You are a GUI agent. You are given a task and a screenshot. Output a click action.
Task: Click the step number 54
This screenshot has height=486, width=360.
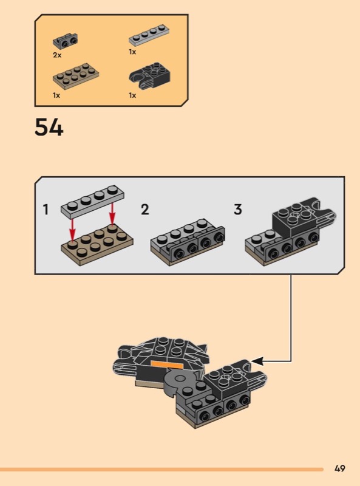(49, 127)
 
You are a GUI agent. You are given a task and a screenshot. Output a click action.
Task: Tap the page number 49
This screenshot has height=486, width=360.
(339, 468)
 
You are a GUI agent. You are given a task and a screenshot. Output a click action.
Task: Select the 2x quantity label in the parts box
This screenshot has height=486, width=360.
(57, 55)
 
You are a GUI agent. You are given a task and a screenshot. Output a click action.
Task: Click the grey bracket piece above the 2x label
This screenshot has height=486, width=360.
(65, 40)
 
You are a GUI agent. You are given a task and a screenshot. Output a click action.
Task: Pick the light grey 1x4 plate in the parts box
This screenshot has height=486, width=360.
(149, 34)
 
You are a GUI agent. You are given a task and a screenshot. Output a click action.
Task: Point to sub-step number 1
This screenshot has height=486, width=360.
(46, 210)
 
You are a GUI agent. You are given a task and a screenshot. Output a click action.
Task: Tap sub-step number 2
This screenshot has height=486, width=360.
(145, 210)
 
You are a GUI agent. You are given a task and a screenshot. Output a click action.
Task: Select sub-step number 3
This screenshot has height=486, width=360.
(237, 210)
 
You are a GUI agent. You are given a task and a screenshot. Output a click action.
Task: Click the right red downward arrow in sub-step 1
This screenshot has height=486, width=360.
(112, 213)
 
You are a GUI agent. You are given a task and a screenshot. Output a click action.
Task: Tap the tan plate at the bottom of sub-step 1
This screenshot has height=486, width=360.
(97, 245)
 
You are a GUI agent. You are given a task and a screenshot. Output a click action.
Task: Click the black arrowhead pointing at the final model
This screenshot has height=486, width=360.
(257, 361)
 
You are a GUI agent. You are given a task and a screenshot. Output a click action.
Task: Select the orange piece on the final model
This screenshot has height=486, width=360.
(167, 364)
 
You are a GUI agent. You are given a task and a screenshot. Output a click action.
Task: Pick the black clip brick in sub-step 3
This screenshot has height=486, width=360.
(304, 217)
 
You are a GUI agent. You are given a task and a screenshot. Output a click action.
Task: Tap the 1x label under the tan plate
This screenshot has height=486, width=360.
(56, 95)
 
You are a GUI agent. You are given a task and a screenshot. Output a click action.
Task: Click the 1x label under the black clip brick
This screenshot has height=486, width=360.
(132, 95)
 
